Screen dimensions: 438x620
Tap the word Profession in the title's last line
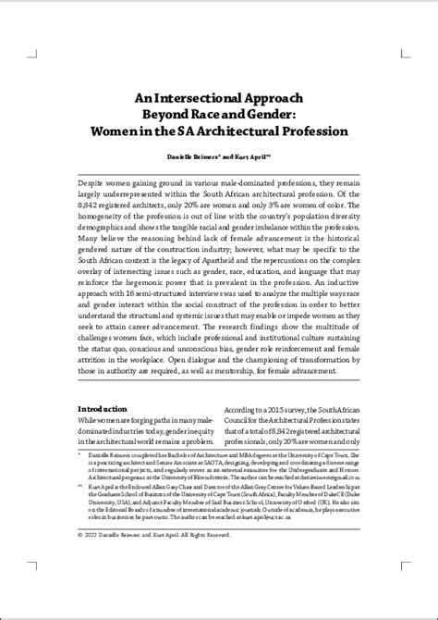(x=309, y=131)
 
